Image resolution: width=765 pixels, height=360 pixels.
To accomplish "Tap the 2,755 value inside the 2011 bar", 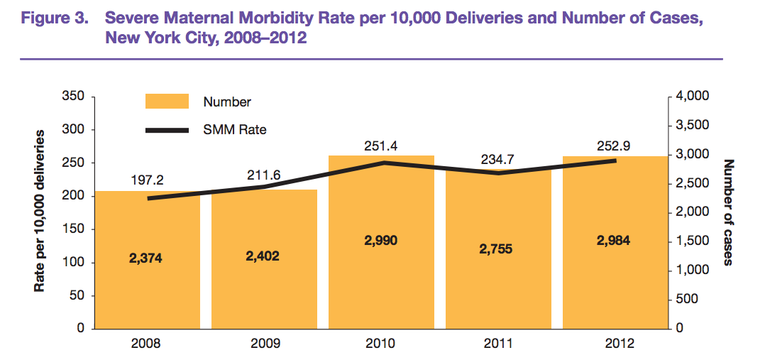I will tap(497, 249).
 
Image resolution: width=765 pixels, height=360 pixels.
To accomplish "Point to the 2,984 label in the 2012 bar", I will tap(614, 241).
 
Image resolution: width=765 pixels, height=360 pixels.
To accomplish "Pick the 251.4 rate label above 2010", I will tap(380, 146).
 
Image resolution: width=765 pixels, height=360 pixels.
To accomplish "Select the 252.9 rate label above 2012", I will tap(614, 146).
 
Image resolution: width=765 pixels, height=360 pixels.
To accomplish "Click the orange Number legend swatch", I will tap(167, 102).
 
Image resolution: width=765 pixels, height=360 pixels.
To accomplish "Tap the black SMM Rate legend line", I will tap(167, 130).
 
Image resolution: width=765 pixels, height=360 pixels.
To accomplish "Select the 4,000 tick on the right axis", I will tap(692, 97).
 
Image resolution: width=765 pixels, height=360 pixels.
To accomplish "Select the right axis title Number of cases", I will tap(728, 212).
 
